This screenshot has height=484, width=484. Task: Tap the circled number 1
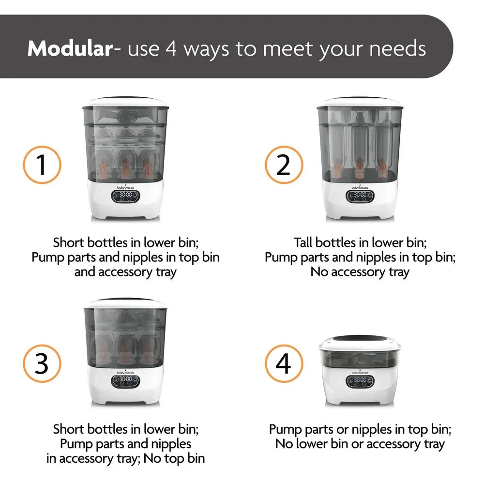(42, 165)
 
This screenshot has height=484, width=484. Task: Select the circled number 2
(284, 165)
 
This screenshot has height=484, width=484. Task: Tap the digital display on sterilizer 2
(359, 196)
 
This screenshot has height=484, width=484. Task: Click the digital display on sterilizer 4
(359, 381)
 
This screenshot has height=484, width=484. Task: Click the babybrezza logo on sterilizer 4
(359, 372)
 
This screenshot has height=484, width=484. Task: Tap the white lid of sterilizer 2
(359, 103)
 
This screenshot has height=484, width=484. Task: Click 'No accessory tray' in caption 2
(360, 272)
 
